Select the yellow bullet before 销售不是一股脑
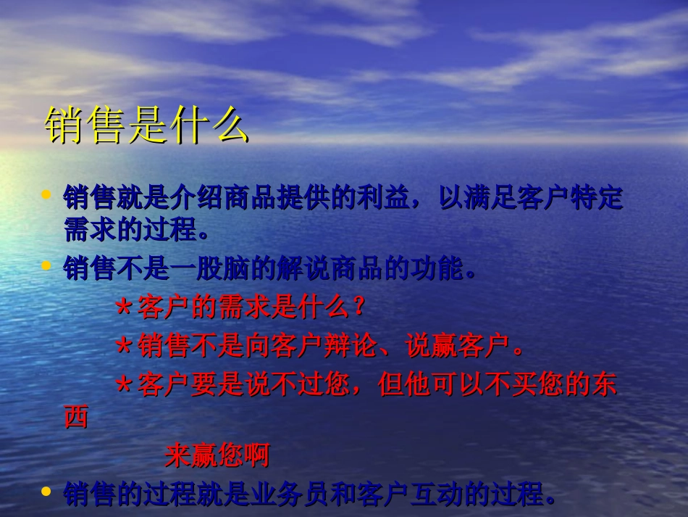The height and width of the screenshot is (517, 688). pos(46,266)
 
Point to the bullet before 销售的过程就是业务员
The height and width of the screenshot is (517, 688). pos(46,492)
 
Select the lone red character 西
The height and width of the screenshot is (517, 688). pos(76,418)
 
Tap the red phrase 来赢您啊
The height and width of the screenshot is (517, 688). pos(217,455)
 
